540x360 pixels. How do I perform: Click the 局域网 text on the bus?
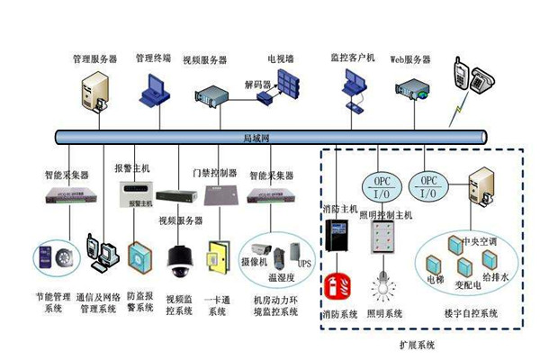256,137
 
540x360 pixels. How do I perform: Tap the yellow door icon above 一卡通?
219,256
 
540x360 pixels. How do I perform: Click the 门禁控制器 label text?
214,171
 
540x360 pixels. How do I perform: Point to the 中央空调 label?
478,242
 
